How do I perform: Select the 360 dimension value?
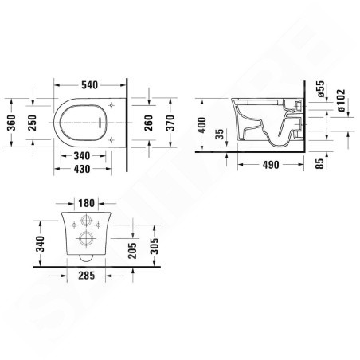point(11,122)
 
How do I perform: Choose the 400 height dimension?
point(203,127)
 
